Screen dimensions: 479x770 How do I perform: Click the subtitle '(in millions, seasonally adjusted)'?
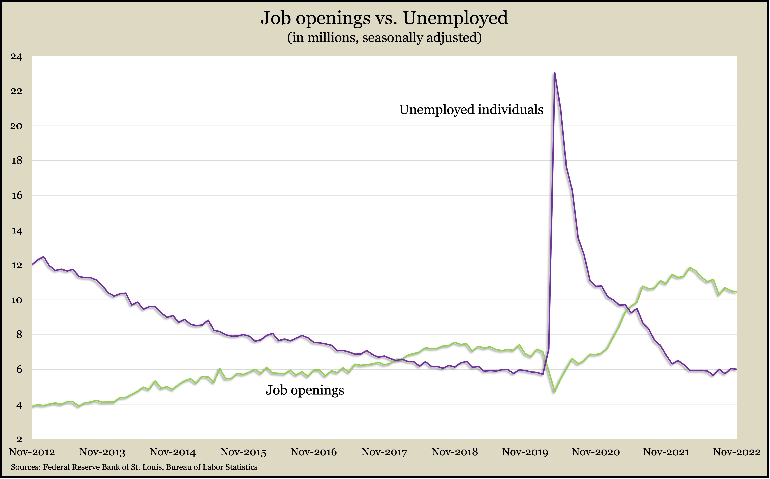384,38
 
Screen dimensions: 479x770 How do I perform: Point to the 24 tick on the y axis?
16,57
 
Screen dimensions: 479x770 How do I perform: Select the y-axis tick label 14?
16,231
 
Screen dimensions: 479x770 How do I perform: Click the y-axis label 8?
19,335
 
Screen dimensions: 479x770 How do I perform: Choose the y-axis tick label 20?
16,126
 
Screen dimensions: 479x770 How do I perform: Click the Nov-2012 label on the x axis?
32,452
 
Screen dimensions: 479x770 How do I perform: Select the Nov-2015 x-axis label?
243,452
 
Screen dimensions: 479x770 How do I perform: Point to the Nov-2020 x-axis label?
596,452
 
